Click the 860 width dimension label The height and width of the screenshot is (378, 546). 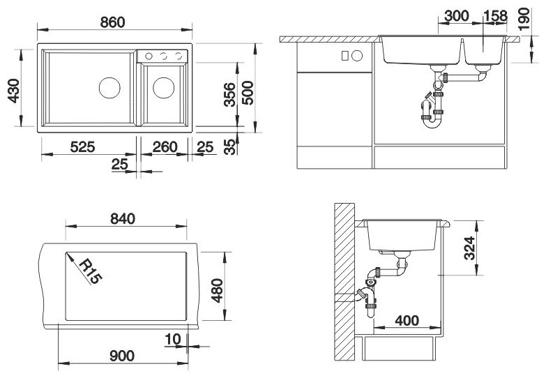point(112,22)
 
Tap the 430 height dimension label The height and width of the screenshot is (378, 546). point(13,91)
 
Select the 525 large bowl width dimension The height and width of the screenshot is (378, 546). point(82,147)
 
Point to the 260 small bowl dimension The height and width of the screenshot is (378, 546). point(165,147)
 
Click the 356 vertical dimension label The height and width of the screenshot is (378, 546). point(230,94)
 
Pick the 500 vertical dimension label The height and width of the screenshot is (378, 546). point(248,93)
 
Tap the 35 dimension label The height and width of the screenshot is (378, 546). point(230,147)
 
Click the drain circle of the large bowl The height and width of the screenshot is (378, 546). point(109,87)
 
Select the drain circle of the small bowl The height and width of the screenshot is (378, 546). point(164,87)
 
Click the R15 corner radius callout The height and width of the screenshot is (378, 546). point(91,272)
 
